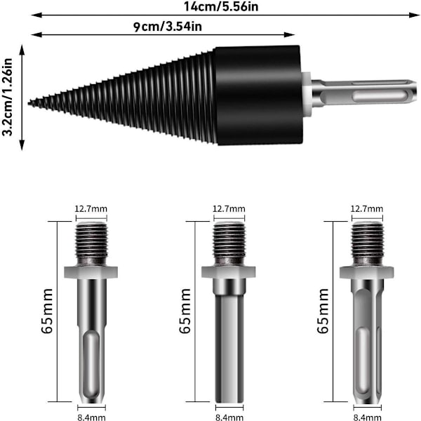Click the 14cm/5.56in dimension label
[221, 6]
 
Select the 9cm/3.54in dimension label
[168, 27]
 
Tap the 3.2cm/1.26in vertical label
[7, 98]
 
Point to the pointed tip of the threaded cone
[29, 103]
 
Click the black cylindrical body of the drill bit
[258, 95]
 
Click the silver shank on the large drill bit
[363, 94]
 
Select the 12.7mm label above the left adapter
[91, 208]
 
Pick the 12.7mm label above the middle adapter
[229, 208]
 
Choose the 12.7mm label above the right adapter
[367, 208]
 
